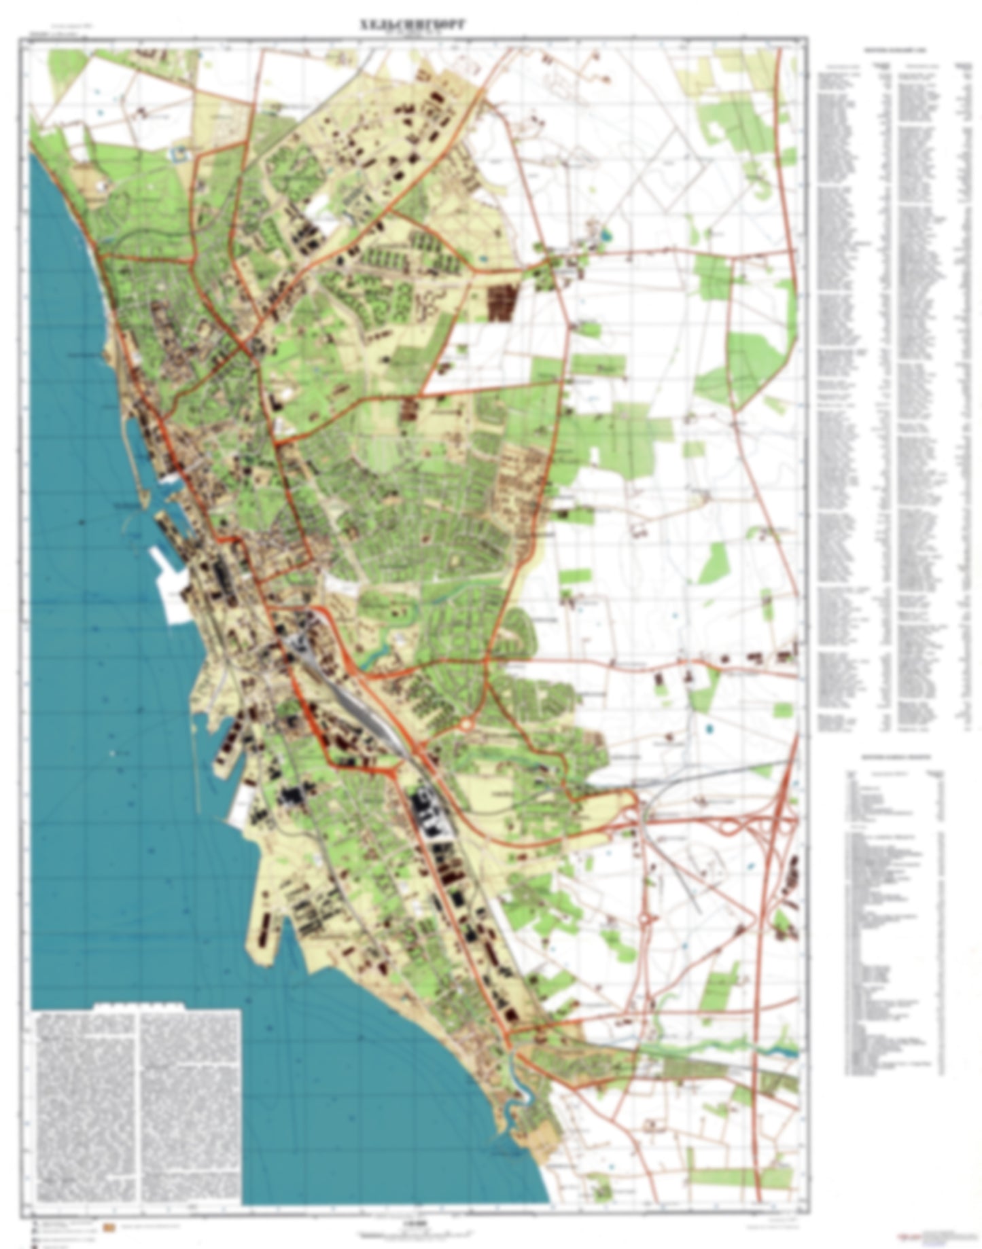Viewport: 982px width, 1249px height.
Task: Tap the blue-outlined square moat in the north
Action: pos(181,153)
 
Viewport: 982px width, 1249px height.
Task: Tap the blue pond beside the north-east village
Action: pos(605,236)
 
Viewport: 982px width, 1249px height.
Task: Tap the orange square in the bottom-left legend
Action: pos(107,1227)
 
